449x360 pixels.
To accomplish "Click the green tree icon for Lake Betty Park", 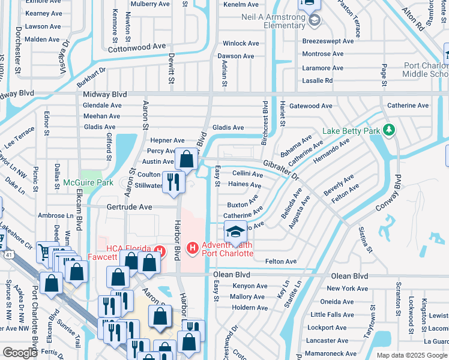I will point(389,130).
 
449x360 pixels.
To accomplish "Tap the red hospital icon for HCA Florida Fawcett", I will point(159,250).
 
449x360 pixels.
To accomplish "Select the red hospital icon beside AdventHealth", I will point(193,247).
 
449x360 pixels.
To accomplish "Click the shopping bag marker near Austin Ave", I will point(186,160).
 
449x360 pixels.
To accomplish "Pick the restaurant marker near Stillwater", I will point(173,182).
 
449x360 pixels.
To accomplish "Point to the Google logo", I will point(20,353).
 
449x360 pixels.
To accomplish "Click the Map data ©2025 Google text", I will point(411,355).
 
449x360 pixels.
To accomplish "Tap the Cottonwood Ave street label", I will point(136,46).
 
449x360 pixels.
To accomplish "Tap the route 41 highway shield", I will point(2,240).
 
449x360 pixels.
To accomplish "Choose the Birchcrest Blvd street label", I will point(264,118).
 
